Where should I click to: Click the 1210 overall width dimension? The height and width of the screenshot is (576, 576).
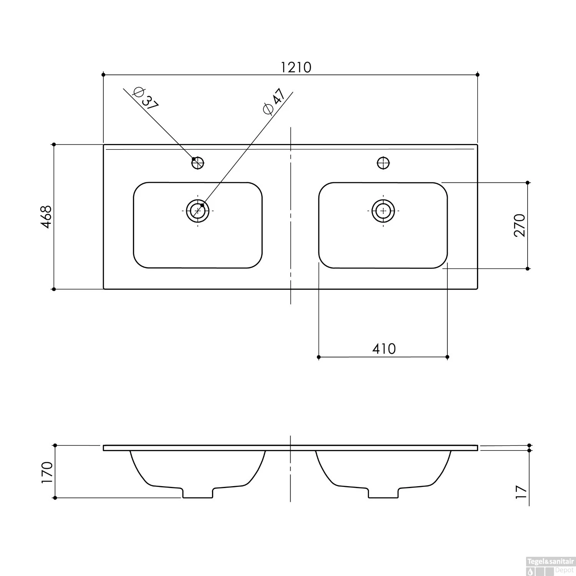296,68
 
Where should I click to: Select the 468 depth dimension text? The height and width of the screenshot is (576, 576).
46,217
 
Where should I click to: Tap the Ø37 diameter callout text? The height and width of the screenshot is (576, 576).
145,99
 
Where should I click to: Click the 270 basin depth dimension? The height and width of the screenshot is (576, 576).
519,225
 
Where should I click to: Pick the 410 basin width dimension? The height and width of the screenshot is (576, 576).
384,349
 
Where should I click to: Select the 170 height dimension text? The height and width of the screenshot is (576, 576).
47,472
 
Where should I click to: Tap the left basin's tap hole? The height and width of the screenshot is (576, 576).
198,163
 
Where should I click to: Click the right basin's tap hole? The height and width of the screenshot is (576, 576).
383,163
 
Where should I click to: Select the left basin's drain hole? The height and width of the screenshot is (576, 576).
198,210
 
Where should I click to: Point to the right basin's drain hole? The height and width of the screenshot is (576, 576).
383,210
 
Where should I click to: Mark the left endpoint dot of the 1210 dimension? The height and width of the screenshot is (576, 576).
103,74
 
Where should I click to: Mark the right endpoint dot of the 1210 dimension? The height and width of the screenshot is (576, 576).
477,74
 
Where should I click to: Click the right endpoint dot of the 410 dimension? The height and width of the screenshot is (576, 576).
447,357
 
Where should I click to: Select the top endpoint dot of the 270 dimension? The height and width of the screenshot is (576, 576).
528,182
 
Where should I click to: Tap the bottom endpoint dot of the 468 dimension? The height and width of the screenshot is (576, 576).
54,289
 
